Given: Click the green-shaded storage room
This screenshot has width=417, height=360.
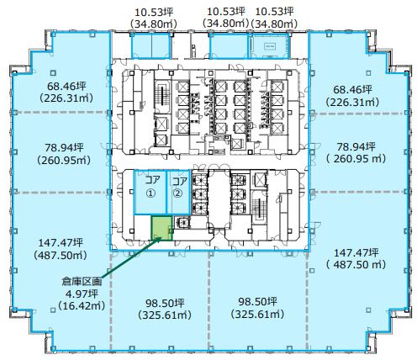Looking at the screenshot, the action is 161,228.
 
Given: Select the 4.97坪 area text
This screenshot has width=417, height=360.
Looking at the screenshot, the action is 82,294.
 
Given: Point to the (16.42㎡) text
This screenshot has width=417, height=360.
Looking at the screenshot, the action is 82,305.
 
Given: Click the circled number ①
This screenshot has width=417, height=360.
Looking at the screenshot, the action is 150,193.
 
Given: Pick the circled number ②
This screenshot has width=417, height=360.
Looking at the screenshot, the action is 177,193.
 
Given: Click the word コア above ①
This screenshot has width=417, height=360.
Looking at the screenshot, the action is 152,180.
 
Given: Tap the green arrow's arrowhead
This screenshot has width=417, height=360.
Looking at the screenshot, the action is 159,239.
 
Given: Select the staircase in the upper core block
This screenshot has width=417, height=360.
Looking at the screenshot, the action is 162,96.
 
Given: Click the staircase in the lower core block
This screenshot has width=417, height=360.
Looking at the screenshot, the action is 258,207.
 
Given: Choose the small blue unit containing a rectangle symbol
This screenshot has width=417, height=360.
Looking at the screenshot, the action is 269,46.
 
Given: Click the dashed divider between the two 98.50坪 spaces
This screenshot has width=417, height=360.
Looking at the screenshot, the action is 209,300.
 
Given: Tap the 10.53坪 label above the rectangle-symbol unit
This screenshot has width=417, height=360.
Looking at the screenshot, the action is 275,12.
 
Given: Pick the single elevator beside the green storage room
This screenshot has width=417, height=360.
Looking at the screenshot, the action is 182,223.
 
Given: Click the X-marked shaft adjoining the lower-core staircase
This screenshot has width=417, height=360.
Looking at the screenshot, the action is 259,179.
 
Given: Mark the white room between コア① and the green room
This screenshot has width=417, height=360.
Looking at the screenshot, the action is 142,228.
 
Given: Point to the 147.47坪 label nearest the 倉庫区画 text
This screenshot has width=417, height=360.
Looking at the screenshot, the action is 61,242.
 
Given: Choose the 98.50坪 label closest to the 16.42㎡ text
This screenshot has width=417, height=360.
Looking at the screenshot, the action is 165,303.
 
